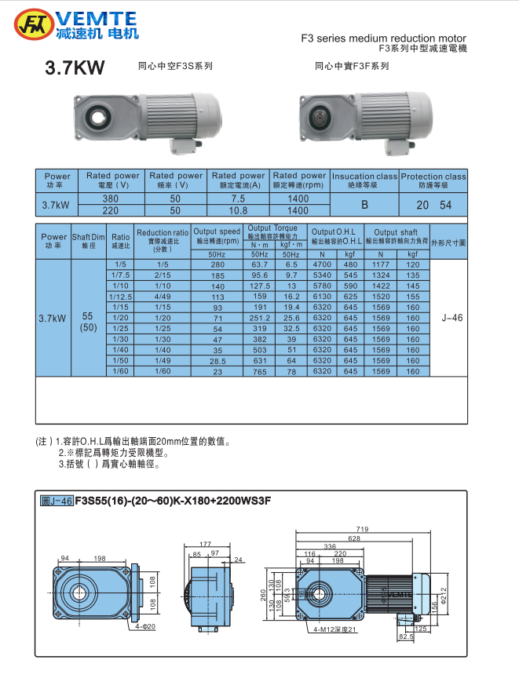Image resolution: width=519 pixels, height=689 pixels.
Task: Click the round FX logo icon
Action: (x=34, y=24)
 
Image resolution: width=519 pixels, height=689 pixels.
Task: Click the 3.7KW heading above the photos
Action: (x=75, y=68)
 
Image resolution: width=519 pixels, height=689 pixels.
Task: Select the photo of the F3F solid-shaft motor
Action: (x=364, y=118)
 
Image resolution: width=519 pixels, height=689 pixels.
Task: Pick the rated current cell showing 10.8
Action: (x=238, y=211)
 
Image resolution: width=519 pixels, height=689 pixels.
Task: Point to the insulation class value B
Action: (x=364, y=205)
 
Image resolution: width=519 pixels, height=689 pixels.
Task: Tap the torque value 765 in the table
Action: (x=259, y=371)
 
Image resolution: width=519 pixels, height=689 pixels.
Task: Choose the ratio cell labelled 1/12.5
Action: (x=120, y=297)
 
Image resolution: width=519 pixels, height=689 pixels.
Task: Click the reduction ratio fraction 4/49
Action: (x=163, y=297)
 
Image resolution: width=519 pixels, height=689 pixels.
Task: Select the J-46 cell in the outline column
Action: (x=452, y=319)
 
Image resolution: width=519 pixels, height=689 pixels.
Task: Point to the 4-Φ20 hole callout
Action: (x=145, y=626)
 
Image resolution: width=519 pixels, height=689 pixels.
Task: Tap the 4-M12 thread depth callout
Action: (x=335, y=629)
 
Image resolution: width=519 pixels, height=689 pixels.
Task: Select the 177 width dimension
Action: (x=205, y=543)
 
